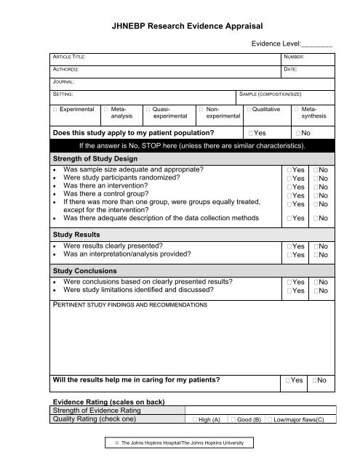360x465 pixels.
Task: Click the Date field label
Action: [x=291, y=70]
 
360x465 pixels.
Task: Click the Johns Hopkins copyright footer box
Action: [x=180, y=443]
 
